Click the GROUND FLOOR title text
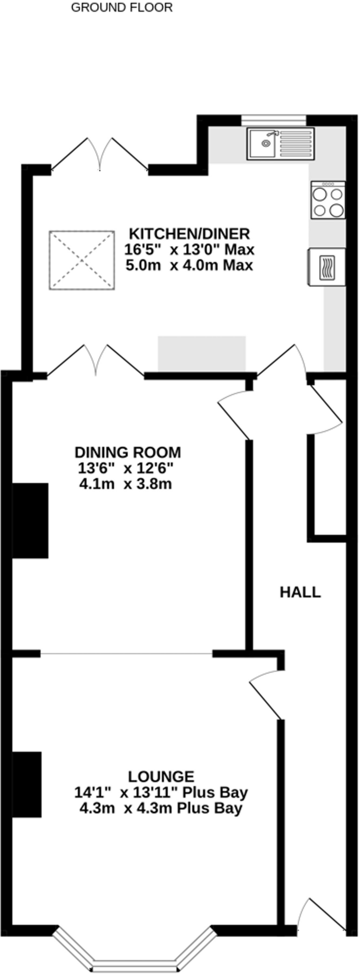pyautogui.click(x=121, y=8)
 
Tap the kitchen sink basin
pyautogui.click(x=262, y=143)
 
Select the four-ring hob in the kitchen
pyautogui.click(x=328, y=201)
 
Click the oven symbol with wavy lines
pyautogui.click(x=327, y=267)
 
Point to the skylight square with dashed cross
pyautogui.click(x=81, y=260)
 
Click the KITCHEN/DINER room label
pyautogui.click(x=189, y=234)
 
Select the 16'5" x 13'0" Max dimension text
pyautogui.click(x=189, y=249)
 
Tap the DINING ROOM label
pyautogui.click(x=127, y=451)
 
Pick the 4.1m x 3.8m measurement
pyautogui.click(x=125, y=484)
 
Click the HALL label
pyautogui.click(x=300, y=592)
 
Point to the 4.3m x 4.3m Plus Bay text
pyautogui.click(x=161, y=808)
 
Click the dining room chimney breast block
pyautogui.click(x=30, y=520)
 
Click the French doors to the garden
pyautogui.click(x=100, y=155)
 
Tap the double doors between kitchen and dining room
pyautogui.click(x=97, y=360)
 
